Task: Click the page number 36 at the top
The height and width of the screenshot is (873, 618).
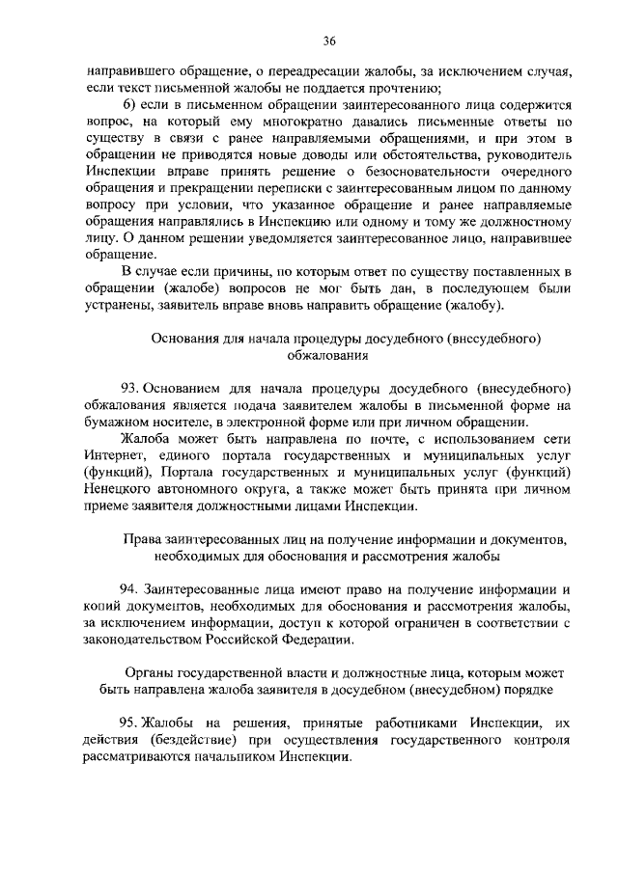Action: point(329,41)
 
